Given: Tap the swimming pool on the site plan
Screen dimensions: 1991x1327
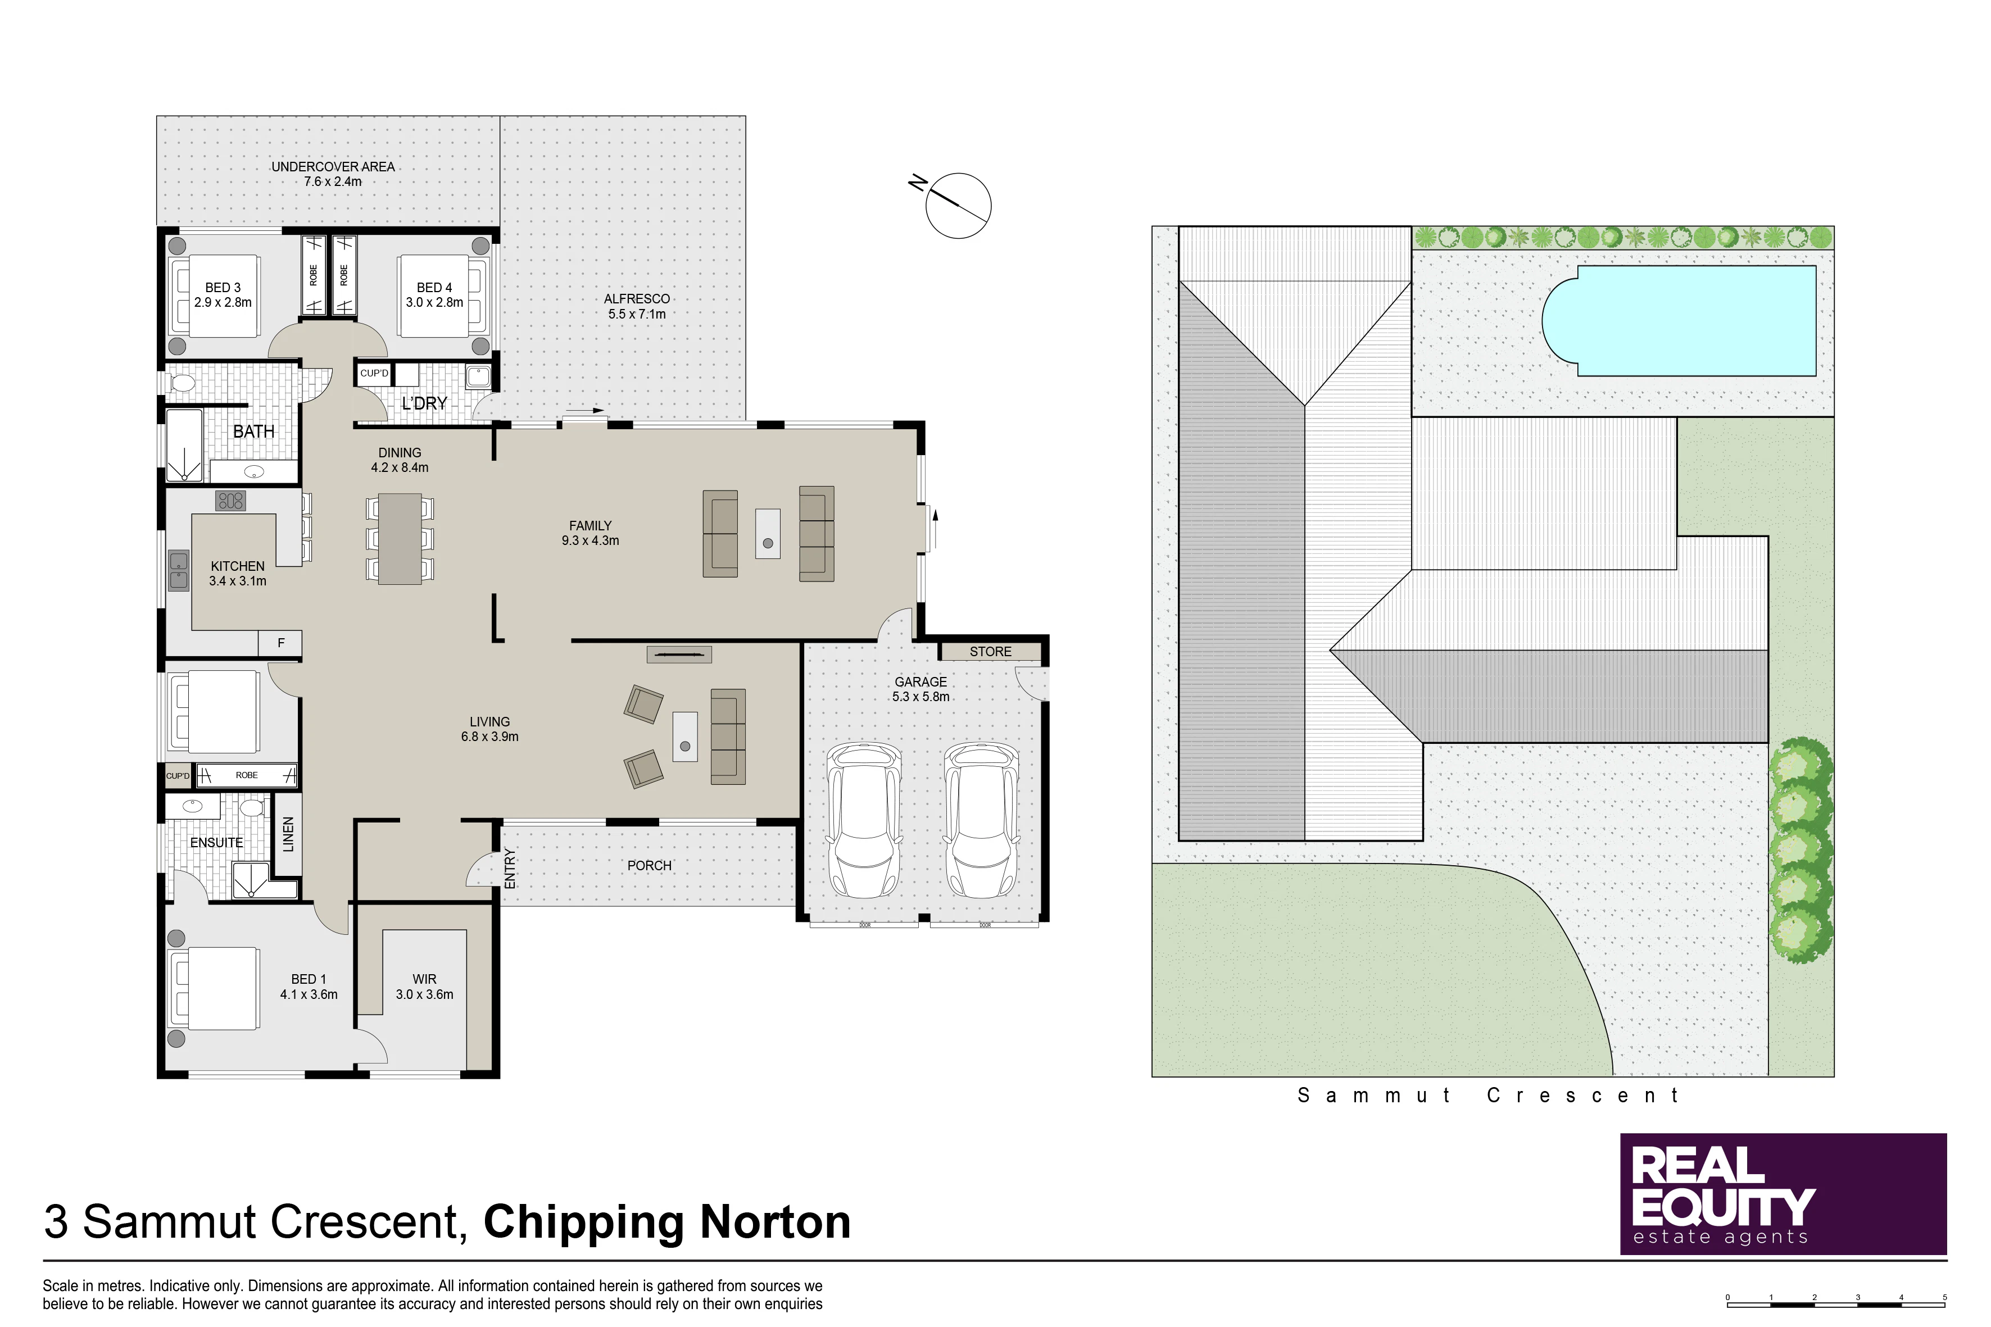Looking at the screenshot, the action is (1680, 321).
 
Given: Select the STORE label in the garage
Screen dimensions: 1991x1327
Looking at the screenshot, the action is (990, 652).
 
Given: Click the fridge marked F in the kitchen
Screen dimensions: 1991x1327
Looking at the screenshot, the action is (281, 643).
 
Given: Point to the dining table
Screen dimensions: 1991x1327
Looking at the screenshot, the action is (400, 538).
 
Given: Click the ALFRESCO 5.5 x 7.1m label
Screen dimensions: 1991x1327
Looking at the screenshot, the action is (637, 306).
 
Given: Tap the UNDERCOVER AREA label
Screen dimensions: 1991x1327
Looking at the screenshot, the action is (333, 167).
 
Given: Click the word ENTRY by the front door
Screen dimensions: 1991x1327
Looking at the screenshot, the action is (510, 869).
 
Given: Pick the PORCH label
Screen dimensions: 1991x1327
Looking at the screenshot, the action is (649, 866).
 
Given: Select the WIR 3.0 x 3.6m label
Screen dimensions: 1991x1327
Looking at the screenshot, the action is (425, 987).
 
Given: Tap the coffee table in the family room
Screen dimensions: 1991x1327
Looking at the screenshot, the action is (768, 533).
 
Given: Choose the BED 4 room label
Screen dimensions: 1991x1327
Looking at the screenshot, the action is (434, 288).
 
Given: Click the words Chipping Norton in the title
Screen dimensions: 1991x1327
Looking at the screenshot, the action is (667, 1222).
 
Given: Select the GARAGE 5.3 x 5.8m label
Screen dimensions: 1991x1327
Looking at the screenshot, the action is (921, 689).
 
